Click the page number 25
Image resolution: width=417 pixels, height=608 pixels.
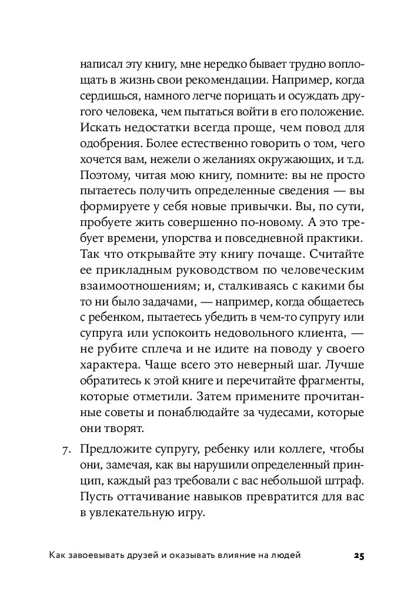359,556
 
